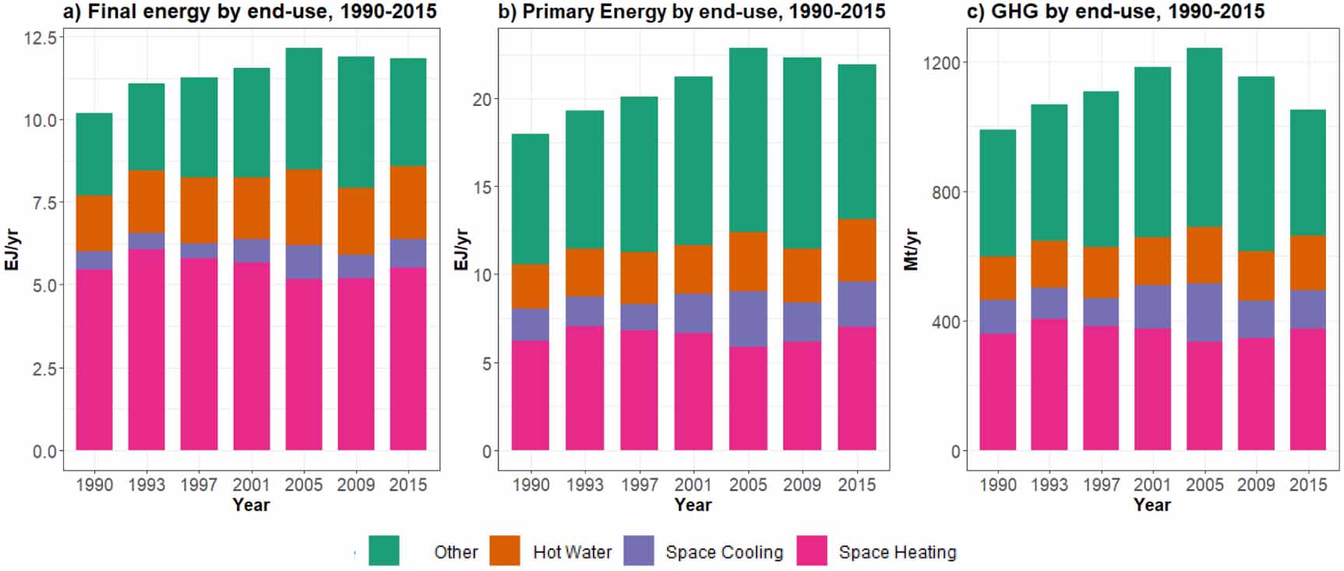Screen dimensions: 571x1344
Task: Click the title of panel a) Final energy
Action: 249,12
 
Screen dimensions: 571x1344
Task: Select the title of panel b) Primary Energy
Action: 691,12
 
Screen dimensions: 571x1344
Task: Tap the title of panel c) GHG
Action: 1115,12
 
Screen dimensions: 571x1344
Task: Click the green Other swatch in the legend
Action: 383,551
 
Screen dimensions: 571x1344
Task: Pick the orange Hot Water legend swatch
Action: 505,551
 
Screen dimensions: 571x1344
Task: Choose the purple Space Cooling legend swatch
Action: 639,551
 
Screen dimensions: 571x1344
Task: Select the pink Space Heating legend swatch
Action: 812,551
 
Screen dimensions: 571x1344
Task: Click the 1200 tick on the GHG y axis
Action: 941,62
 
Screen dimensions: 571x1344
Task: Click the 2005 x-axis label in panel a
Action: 303,485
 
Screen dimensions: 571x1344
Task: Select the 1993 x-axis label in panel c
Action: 1049,485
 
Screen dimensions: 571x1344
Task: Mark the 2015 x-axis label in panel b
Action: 856,485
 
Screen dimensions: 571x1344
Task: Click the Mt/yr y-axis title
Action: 912,249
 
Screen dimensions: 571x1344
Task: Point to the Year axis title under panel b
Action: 693,505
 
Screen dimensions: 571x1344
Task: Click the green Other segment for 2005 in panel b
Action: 748,140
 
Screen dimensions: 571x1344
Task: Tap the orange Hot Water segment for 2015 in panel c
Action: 1307,263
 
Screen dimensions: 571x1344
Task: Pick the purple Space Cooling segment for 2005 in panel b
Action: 748,319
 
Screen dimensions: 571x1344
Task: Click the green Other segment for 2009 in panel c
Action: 1256,164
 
